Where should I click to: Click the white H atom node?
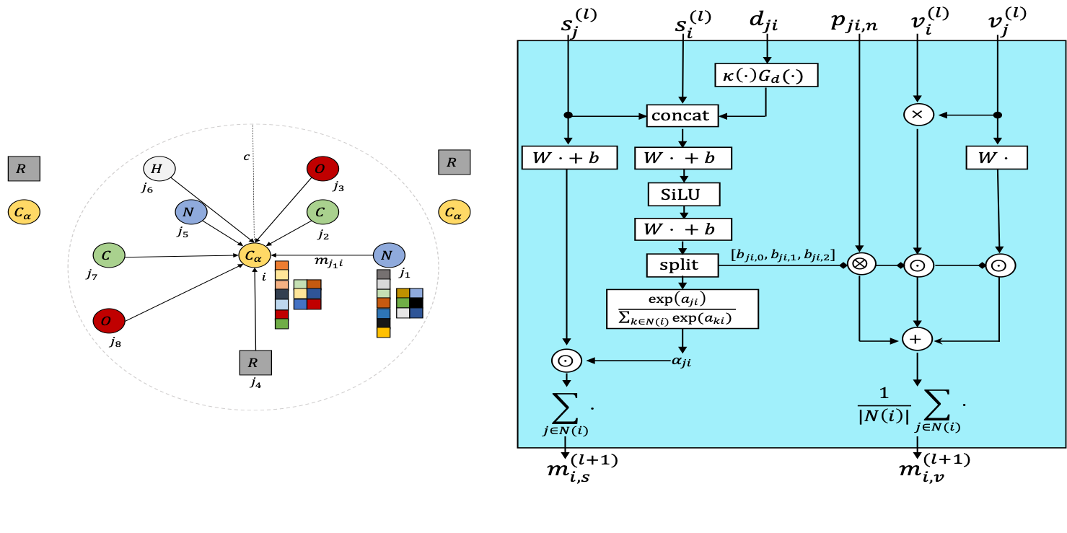[159, 169]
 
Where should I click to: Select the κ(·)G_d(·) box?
[766, 75]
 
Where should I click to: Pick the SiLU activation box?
[682, 194]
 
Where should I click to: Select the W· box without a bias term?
[997, 157]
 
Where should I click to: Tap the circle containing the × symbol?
[918, 115]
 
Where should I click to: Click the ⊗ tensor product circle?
[860, 264]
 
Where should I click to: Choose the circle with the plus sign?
[918, 338]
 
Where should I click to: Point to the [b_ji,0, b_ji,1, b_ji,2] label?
[783, 255]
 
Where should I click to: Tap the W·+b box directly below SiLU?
[682, 229]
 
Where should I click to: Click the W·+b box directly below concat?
[682, 157]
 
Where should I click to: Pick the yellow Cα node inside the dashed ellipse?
[255, 255]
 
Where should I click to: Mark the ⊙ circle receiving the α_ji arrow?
[566, 361]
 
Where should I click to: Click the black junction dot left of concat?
[568, 115]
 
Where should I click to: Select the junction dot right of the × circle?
[998, 115]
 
